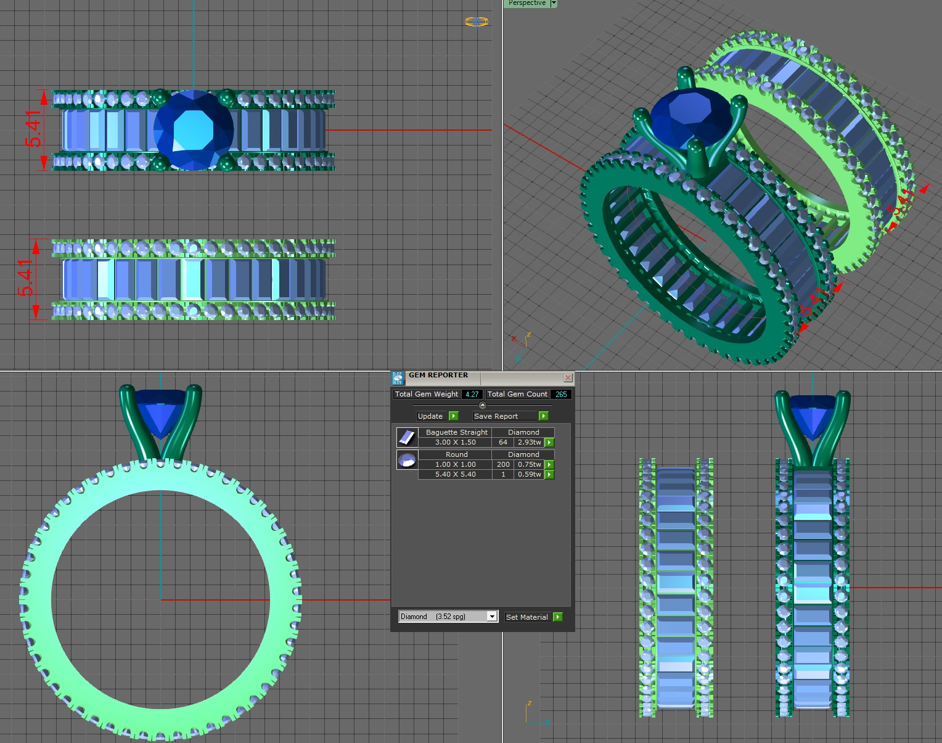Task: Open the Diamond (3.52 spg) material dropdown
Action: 491,617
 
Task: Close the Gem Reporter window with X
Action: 568,377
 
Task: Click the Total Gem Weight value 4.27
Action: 472,394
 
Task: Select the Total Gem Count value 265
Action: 560,394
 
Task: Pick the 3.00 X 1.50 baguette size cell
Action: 455,442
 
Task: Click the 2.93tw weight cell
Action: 529,442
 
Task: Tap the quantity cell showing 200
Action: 503,464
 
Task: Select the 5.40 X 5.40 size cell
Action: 455,474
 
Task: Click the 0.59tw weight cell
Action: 529,474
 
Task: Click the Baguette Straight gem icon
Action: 406,437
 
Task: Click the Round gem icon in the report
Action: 406,459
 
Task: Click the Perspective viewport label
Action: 526,3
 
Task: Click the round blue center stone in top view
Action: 193,130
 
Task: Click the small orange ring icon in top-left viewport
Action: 476,22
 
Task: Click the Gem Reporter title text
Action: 438,375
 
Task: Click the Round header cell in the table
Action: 456,454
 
